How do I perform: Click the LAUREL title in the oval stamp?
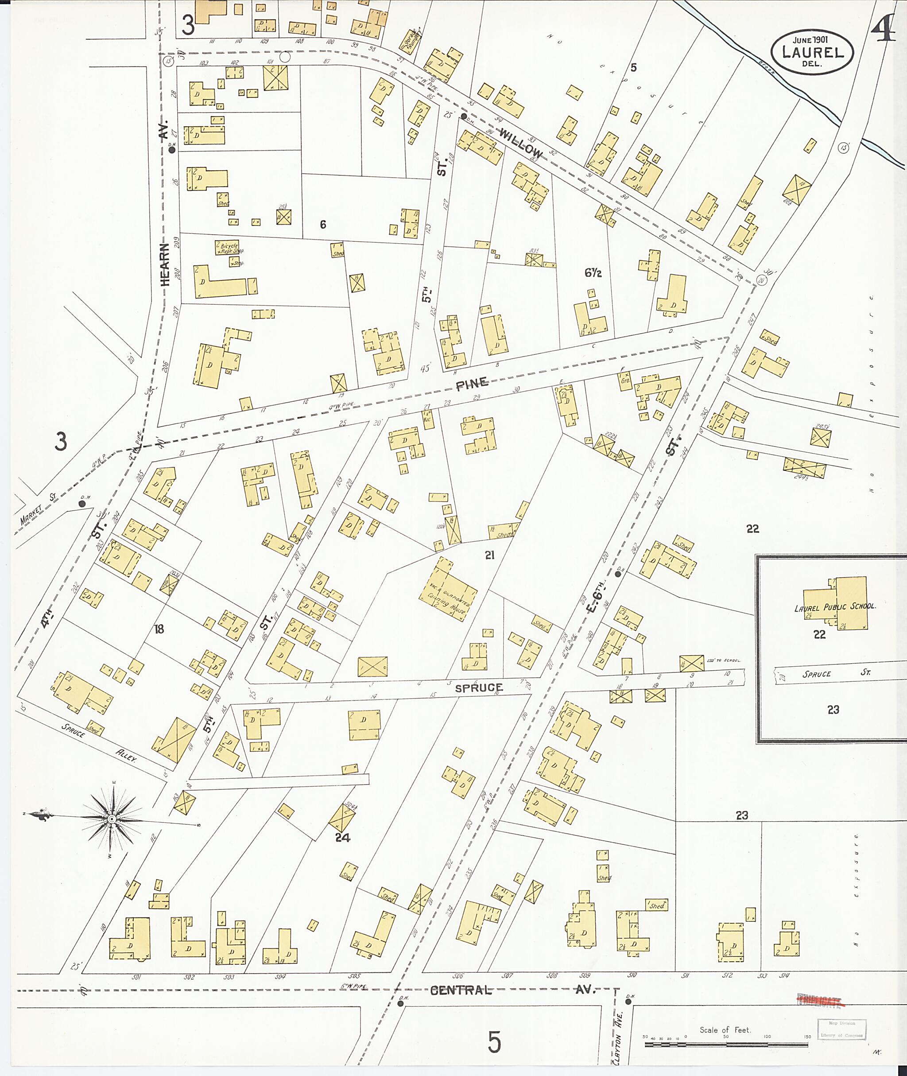pos(812,52)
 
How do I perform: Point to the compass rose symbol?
pos(112,818)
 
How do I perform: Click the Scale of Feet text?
pos(725,1030)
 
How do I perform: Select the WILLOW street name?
pos(521,144)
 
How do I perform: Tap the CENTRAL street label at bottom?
pos(461,990)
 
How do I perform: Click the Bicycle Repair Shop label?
pos(229,249)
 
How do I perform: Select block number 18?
pos(159,629)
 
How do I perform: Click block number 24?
pos(342,838)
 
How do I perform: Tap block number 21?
pos(489,555)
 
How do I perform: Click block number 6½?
pos(593,273)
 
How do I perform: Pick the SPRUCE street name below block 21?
pos(478,688)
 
